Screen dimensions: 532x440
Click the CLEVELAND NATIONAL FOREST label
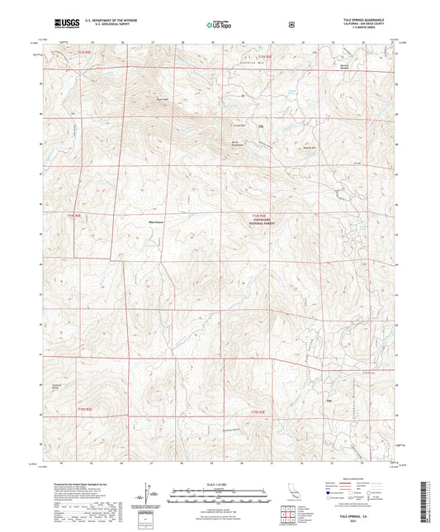[x=263, y=221]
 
